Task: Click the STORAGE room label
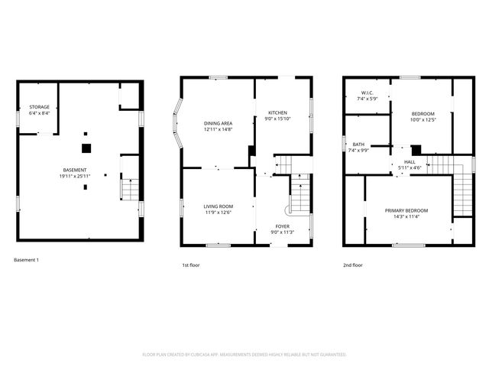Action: [x=39, y=106]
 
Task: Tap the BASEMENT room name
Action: [x=75, y=170]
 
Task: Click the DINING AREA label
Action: [x=218, y=123]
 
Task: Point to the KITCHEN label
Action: [x=277, y=112]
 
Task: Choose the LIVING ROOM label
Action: [x=218, y=206]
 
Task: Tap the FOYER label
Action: [x=283, y=226]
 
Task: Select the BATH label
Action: [x=358, y=144]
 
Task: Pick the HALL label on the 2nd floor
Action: [x=410, y=162]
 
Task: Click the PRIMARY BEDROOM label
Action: [x=406, y=210]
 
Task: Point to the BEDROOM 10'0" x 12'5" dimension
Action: [x=423, y=119]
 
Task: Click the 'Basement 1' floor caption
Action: [x=26, y=260]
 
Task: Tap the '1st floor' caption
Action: [x=191, y=265]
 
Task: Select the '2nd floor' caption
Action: [x=353, y=265]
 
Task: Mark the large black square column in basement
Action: [x=86, y=148]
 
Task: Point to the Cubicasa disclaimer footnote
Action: [x=244, y=355]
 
